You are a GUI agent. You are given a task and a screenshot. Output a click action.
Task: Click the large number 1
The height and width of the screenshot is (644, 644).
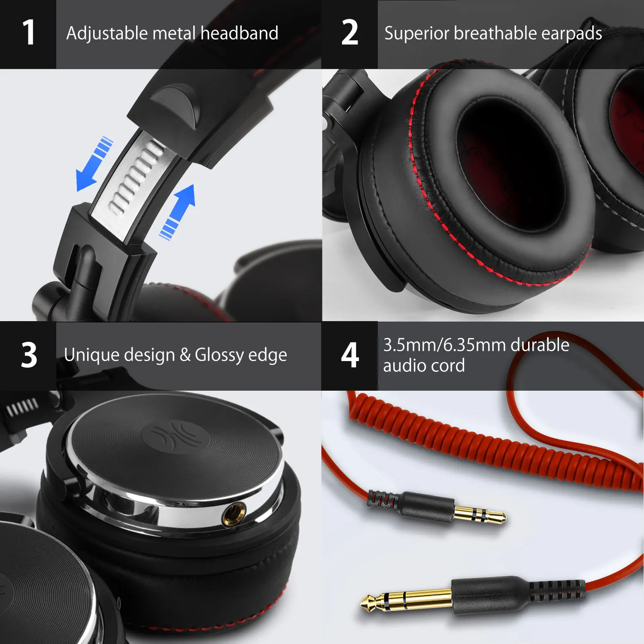point(29,33)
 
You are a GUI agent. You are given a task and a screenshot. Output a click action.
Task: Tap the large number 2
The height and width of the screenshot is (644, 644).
point(350,33)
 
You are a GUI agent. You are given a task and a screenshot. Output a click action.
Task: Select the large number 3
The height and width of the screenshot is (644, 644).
point(29,355)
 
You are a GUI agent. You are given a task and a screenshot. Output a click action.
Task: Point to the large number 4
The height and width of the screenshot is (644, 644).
point(350,355)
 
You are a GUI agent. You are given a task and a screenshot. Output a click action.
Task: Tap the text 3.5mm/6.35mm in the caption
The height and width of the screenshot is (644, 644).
point(444,345)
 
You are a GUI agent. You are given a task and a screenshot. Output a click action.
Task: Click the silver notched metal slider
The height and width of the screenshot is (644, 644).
point(133,180)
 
